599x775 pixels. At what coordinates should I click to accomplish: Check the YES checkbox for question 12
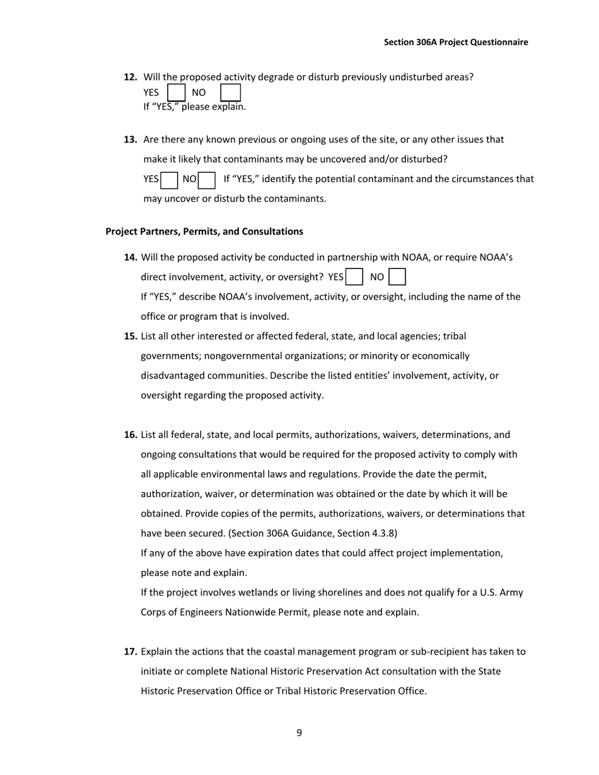tap(177, 93)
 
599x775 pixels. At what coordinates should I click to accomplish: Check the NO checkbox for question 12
tap(230, 93)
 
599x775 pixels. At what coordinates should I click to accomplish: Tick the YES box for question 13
tap(169, 180)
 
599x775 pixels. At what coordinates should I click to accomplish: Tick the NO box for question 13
tap(207, 180)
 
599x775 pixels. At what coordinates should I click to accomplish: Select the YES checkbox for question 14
tap(354, 277)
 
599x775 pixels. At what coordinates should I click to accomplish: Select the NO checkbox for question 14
tap(397, 277)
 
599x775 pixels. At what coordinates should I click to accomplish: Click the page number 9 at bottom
tap(299, 732)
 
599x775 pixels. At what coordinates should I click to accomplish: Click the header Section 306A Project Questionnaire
tap(456, 42)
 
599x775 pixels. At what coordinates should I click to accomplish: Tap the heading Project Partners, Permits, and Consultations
tap(204, 231)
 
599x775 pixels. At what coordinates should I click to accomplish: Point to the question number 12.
tap(131, 77)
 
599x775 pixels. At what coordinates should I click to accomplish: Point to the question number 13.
tap(131, 139)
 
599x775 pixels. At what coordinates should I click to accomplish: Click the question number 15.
tap(131, 336)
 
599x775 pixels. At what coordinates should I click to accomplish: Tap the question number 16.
tap(131, 435)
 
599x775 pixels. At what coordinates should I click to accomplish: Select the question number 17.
tap(131, 652)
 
